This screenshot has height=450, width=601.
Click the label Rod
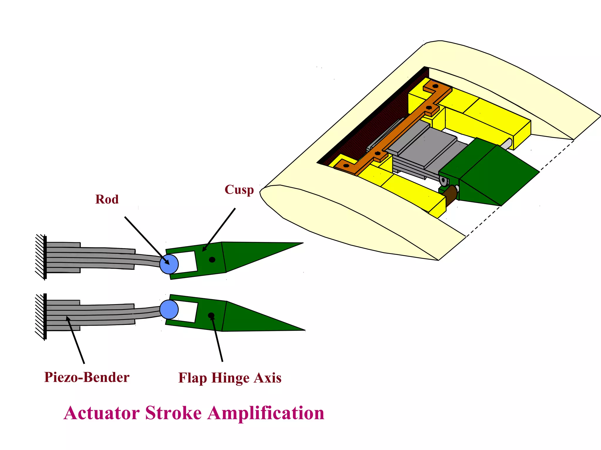tap(107, 200)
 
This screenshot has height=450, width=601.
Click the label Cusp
tap(239, 190)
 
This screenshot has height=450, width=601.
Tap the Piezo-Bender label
tap(87, 377)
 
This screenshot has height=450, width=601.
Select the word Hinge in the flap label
tap(230, 378)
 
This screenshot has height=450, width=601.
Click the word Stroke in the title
tap(173, 413)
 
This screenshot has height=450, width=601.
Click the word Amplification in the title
tap(266, 413)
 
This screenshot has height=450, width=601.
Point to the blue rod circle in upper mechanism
tap(169, 264)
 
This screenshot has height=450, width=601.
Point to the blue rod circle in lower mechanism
tap(169, 309)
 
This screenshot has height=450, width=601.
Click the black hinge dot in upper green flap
tap(212, 260)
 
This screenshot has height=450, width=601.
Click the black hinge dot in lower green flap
tap(211, 315)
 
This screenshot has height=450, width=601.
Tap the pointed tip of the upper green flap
tap(302, 243)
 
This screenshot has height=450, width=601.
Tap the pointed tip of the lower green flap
tap(304, 330)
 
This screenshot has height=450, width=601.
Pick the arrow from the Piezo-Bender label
tap(75, 340)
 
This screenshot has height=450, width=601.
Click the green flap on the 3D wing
tap(493, 173)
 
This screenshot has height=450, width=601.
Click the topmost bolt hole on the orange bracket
tap(435, 86)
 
